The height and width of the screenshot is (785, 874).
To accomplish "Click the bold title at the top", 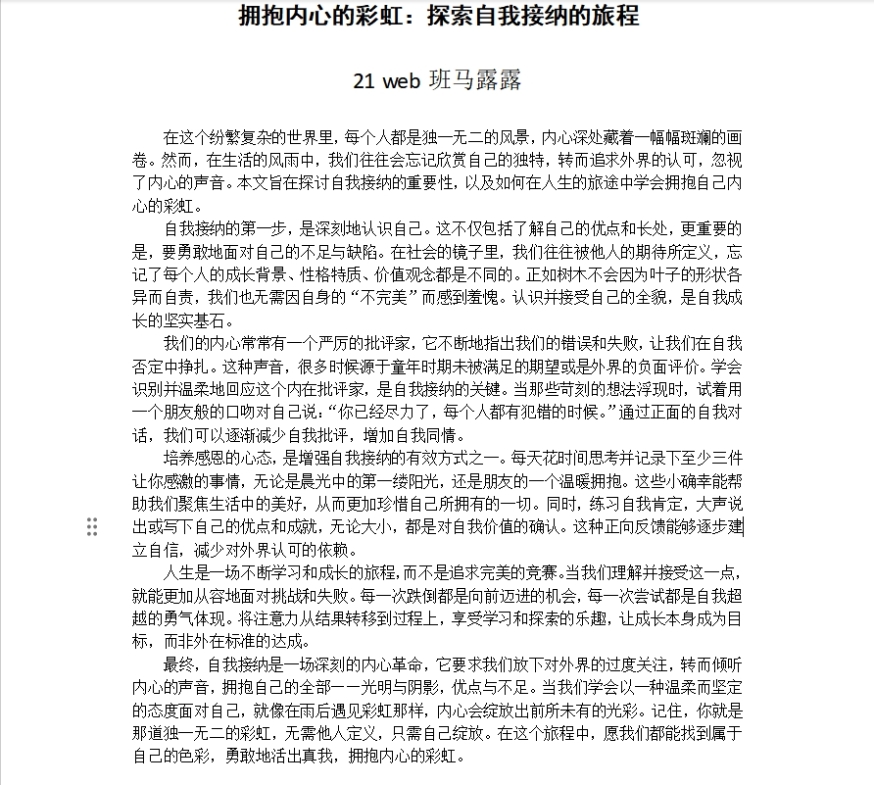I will pos(438,17).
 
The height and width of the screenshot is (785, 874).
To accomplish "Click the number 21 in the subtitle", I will pos(364,81).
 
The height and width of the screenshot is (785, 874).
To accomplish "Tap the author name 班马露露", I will pos(475,81).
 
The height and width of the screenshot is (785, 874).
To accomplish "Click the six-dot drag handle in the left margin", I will pos(92,527).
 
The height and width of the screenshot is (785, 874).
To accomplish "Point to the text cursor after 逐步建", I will pos(743,527).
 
